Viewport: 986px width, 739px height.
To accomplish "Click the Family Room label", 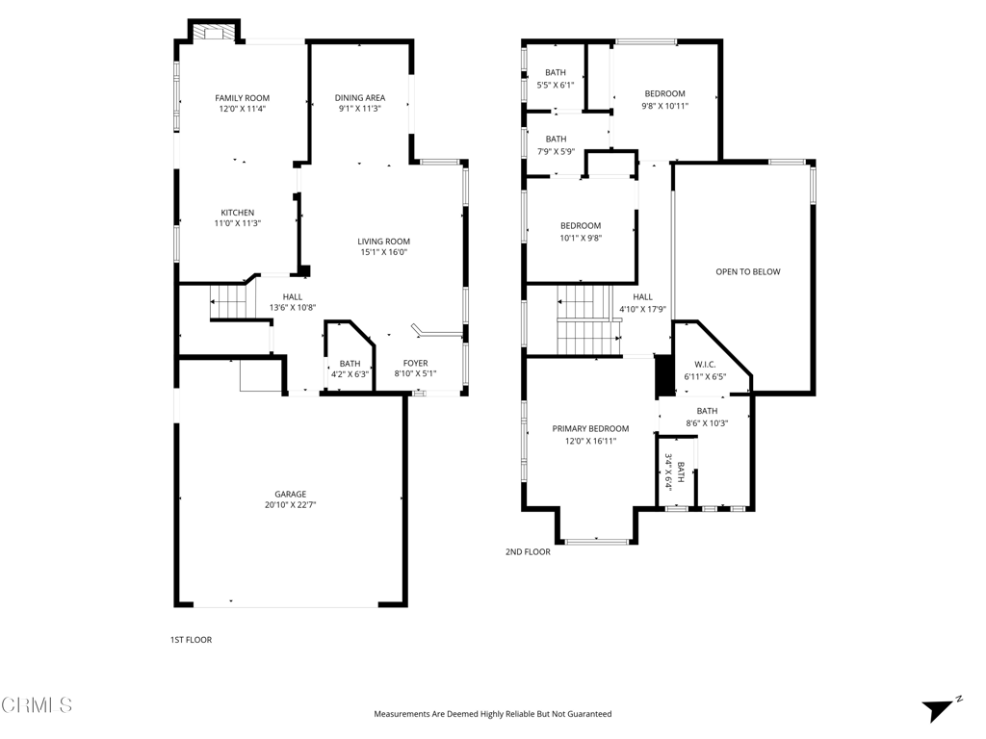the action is click(x=242, y=98).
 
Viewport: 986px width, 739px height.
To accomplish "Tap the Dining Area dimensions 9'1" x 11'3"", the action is click(x=360, y=109).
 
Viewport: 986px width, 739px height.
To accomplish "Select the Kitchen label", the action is click(x=238, y=213).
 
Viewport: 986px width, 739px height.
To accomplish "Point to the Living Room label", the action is click(x=383, y=242).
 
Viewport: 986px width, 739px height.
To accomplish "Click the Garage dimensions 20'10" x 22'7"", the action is click(x=291, y=504).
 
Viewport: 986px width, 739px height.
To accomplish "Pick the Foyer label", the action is click(x=416, y=363).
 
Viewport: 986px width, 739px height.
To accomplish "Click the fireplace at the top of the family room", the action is click(x=215, y=32).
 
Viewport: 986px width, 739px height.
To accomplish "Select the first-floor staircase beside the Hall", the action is click(x=229, y=302).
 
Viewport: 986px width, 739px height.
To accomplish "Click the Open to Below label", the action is click(x=748, y=272).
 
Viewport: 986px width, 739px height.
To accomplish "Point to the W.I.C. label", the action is click(x=705, y=365).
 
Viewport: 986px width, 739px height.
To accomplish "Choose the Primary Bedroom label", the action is click(x=590, y=428).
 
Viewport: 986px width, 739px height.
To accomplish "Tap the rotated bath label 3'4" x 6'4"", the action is click(x=674, y=471).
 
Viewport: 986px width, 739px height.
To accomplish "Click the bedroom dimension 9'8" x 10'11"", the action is click(x=664, y=106).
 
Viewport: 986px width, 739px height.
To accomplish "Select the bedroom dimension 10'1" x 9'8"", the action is click(x=581, y=239).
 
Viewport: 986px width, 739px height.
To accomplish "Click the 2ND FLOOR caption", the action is click(x=528, y=551).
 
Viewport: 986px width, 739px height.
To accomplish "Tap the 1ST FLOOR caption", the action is click(x=192, y=640).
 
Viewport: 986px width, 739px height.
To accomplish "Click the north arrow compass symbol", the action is click(x=940, y=709).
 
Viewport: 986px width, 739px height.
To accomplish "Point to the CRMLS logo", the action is click(x=37, y=705).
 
